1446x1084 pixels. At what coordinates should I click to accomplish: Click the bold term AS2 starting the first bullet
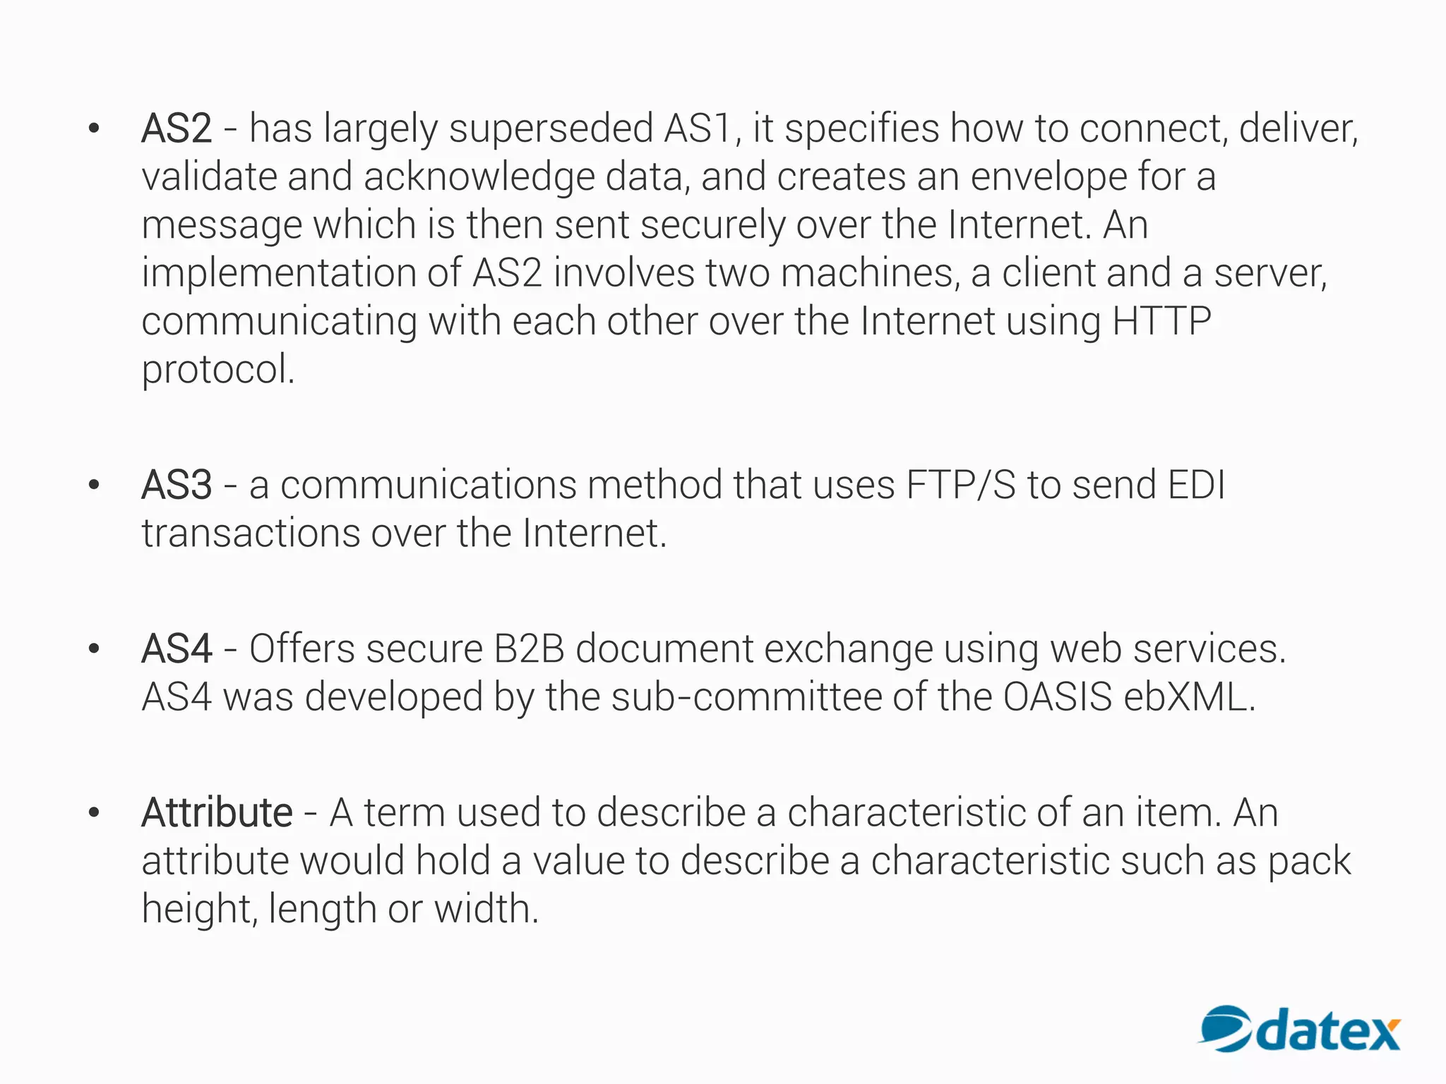pos(177,129)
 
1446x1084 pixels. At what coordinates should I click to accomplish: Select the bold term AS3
pos(177,486)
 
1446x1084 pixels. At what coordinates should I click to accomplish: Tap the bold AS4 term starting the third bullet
pos(177,649)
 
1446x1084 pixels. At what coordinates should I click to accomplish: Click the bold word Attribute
pos(217,813)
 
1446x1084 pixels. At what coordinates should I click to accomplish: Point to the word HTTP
pos(1161,321)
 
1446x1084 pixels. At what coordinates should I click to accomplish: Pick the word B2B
pos(529,649)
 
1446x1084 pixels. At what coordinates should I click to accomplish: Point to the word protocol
pos(217,370)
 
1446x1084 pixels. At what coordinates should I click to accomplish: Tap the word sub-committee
pos(746,697)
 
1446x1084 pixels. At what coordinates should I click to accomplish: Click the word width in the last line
pos(486,909)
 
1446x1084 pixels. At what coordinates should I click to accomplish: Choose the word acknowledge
pos(479,177)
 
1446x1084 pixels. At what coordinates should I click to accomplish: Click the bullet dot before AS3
pos(94,486)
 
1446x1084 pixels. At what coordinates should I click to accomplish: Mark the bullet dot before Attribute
pos(94,813)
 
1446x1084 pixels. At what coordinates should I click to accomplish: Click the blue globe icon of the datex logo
pos(1226,1028)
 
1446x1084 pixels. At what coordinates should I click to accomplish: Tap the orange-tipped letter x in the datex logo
pos(1379,1035)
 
